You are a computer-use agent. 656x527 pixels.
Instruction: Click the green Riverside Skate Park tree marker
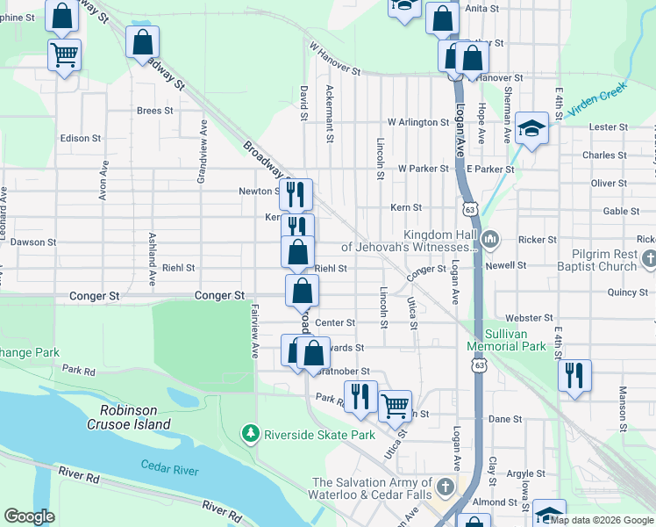251,434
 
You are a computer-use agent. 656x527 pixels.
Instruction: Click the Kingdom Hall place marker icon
491,239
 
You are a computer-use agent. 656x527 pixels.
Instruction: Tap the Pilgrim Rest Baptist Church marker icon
648,259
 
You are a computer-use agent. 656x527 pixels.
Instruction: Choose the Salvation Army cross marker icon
446,487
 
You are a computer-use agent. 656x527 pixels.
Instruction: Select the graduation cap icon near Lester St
531,128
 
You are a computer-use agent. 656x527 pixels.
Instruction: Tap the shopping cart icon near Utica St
396,405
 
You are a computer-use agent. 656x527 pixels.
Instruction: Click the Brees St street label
154,111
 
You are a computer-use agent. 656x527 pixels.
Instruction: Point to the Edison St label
76,139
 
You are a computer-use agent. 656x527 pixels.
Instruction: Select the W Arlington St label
417,122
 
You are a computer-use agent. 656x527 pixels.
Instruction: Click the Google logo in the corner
29,516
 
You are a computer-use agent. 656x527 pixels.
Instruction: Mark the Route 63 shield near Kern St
471,210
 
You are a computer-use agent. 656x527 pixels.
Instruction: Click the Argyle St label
526,474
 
